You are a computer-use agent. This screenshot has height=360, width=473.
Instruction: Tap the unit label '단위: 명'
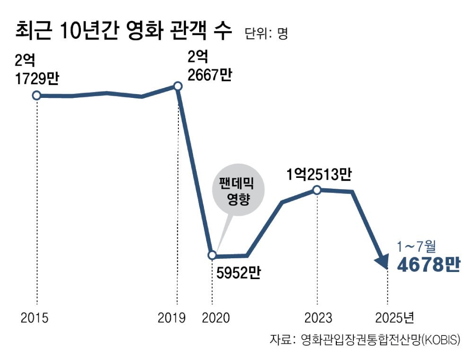[266, 33]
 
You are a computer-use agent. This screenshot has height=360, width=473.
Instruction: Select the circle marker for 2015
[36, 96]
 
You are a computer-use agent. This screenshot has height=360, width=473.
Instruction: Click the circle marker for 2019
[177, 86]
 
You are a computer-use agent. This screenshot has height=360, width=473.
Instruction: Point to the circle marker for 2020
[212, 255]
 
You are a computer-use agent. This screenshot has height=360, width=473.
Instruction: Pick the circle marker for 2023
[317, 190]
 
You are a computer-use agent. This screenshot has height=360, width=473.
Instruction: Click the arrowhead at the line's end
[382, 262]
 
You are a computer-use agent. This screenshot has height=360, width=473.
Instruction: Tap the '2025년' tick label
[394, 317]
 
